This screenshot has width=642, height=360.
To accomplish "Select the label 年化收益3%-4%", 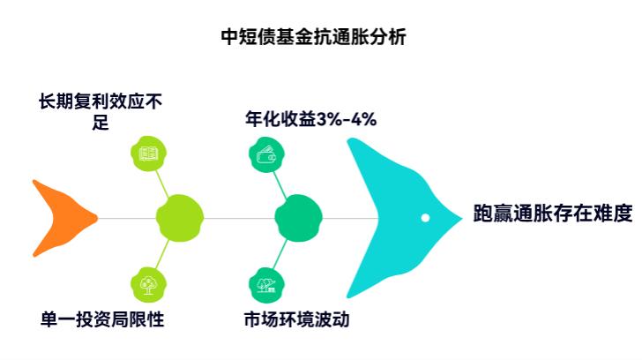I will (310, 119).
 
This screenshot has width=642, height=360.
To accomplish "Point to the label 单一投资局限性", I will (102, 319).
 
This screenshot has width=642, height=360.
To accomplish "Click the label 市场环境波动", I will (296, 319).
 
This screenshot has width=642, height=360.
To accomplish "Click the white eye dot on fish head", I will (425, 217).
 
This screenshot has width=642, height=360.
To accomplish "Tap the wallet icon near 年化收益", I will (266, 156).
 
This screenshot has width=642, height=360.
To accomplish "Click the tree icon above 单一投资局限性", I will (148, 283).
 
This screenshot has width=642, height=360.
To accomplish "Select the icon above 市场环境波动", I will (266, 283).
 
